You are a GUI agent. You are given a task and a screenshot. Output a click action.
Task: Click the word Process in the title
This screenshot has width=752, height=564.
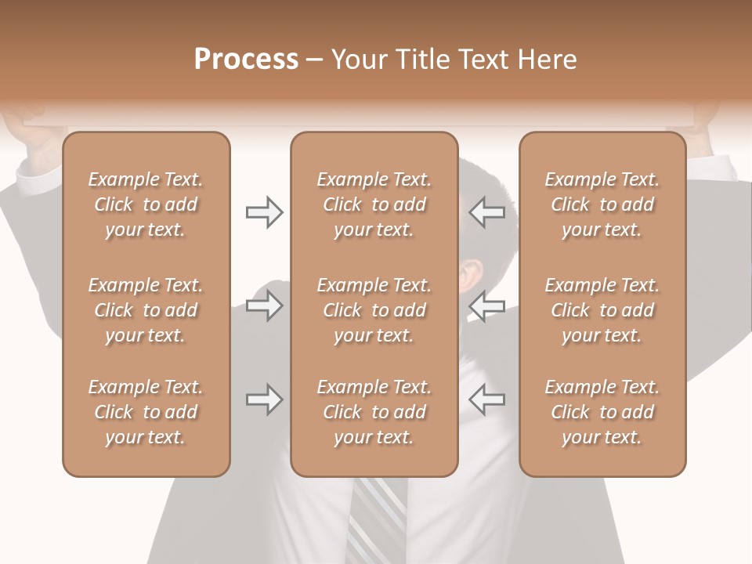click(246, 60)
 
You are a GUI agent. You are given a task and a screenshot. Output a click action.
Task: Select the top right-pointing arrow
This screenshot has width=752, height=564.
click(264, 212)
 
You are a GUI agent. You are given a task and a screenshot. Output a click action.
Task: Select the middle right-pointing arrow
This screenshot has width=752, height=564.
click(264, 305)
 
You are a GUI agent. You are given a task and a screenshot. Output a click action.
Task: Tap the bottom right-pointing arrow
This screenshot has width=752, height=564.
click(264, 399)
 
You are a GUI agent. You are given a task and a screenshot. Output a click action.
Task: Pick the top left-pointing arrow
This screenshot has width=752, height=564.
click(486, 212)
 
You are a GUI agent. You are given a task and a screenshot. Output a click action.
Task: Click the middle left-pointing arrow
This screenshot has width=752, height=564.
click(486, 305)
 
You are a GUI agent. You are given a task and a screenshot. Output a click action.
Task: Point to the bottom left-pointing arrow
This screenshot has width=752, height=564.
click(486, 399)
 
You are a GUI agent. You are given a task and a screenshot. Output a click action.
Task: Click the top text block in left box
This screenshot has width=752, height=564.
click(146, 204)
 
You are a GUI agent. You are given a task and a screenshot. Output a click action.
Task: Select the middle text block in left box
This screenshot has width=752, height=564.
click(146, 310)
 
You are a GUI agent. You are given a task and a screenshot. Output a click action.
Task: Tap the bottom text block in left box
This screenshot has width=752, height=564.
click(146, 412)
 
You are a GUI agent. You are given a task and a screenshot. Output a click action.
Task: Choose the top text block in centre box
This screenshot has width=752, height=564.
click(374, 204)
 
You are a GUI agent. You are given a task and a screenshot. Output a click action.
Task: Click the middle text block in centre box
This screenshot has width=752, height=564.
click(374, 310)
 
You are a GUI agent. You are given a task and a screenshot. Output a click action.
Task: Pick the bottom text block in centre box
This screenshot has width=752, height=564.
click(374, 412)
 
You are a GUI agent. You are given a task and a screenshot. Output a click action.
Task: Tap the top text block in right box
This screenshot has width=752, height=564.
click(602, 204)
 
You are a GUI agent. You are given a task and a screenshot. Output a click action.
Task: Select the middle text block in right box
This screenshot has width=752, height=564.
click(602, 310)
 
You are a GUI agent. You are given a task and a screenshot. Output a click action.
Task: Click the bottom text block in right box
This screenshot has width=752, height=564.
click(602, 412)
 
